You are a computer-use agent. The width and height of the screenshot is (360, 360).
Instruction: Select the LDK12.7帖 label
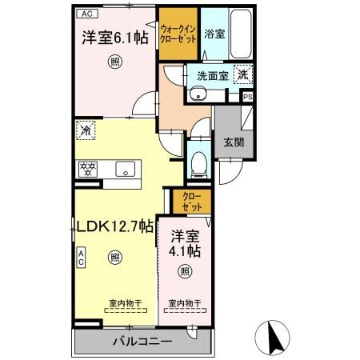tap(114, 226)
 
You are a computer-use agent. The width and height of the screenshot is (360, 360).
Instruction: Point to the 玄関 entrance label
tap(233, 143)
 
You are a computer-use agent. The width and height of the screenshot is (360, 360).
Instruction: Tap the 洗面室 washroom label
tap(212, 75)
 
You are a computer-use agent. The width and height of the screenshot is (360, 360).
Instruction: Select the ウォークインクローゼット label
tap(178, 33)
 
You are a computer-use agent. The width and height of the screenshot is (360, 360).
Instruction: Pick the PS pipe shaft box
tap(248, 98)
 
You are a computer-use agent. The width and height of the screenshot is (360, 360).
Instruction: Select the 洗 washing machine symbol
tap(243, 74)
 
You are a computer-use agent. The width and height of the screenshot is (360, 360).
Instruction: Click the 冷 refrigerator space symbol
tap(86, 129)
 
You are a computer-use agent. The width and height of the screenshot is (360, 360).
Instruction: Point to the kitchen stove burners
tap(87, 170)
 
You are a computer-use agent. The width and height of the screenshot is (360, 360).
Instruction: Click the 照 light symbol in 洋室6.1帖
tap(116, 62)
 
